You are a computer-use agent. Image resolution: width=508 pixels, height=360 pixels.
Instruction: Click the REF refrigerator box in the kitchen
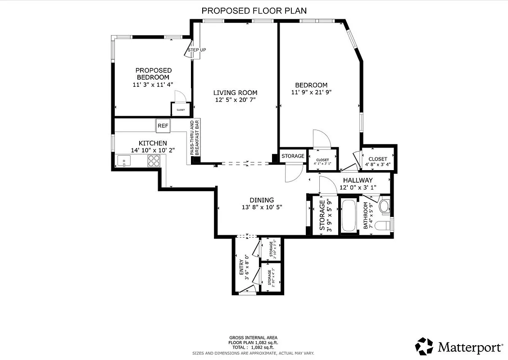pos(163,126)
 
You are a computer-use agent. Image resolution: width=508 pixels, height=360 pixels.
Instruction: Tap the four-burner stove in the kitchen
pos(154,160)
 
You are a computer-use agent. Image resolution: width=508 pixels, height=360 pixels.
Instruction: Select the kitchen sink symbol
pos(123,160)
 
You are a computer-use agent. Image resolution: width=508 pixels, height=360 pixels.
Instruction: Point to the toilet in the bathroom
pos(381,225)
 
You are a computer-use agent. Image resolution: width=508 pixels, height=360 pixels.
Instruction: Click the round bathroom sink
pos(384,207)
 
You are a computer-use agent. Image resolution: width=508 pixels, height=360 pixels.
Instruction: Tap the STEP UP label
pos(197,50)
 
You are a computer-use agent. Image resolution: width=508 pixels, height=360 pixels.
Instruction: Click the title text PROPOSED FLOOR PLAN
pos(254,10)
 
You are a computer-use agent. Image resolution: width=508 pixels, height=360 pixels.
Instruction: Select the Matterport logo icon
pos(424,346)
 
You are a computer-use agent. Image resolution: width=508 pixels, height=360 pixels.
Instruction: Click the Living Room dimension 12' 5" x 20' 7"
pos(236,100)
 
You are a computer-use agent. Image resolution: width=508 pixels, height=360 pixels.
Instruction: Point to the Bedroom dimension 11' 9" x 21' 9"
pos(311,93)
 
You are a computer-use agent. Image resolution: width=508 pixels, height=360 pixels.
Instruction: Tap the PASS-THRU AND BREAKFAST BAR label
pos(194,138)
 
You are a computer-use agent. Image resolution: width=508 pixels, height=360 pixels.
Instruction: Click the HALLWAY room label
pos(358,180)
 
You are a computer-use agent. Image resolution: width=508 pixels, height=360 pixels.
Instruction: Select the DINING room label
pos(262,200)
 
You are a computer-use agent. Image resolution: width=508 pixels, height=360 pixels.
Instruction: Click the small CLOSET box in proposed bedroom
pos(180,109)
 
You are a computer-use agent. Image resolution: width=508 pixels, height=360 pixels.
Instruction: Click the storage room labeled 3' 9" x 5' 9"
pos(325,215)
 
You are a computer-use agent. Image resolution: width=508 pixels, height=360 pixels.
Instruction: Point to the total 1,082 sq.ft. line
pos(253,347)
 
